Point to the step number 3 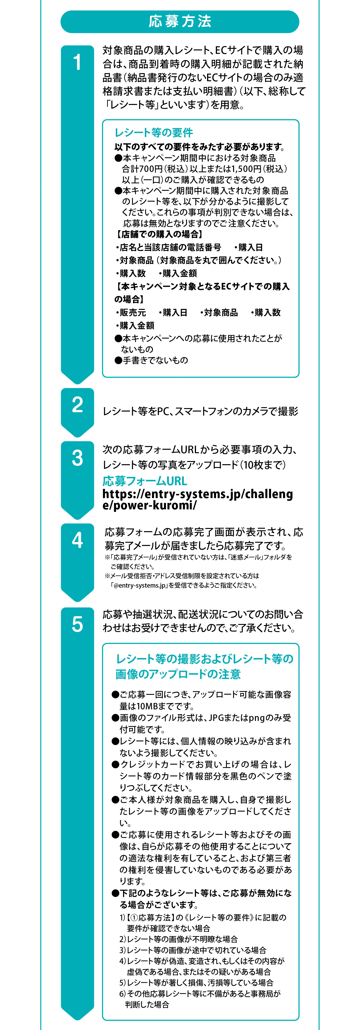tap(77, 458)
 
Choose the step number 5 tap(77, 624)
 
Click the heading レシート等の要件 tap(154, 132)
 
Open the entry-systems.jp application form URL tap(198, 499)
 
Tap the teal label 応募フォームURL tap(145, 481)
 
